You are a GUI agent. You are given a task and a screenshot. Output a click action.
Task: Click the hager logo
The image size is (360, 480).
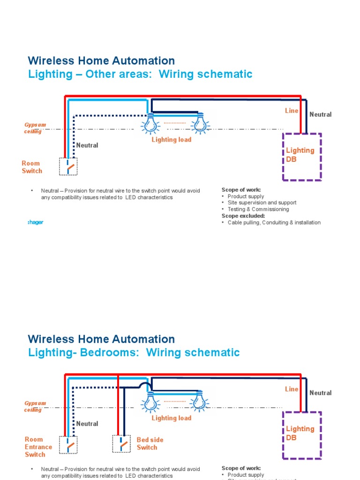36,222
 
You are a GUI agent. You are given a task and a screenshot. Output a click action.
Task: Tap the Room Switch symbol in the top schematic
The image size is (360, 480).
68,166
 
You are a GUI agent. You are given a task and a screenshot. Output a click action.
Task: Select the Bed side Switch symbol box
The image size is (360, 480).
122,443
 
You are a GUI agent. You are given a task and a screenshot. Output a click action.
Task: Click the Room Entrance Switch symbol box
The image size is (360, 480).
68,444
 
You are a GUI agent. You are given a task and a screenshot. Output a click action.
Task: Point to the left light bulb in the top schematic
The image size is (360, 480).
150,124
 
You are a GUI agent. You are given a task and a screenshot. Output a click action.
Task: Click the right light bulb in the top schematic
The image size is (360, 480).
200,124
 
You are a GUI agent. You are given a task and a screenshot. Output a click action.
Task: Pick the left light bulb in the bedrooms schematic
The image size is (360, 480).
150,402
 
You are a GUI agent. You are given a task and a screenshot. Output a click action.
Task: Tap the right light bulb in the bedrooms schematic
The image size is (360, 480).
200,402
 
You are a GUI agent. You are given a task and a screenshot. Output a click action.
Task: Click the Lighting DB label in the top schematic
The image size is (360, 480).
300,155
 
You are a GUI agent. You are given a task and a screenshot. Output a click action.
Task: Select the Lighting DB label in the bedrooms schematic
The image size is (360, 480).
300,433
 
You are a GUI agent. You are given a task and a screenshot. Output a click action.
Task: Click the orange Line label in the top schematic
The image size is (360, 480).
292,111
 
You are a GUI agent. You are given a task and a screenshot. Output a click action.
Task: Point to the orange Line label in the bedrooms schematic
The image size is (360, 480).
292,389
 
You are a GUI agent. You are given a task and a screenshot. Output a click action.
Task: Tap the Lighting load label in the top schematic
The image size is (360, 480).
171,140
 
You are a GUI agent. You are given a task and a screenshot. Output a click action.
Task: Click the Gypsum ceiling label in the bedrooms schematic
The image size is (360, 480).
35,406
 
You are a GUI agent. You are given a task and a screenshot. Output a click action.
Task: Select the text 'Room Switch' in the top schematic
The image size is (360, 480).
32,167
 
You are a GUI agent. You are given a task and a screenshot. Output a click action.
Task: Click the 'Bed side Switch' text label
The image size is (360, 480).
147,443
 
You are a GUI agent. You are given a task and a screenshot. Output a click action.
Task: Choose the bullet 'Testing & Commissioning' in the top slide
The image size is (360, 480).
258,209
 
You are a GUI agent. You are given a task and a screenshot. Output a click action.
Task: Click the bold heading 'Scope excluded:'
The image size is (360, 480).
243,216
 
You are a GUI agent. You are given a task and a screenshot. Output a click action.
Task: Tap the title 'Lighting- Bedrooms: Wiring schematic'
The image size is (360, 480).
134,352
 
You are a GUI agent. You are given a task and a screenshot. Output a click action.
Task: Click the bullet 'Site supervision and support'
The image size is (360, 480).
262,202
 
